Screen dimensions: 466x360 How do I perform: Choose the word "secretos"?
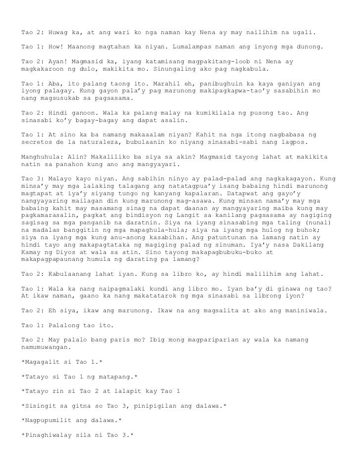pyautogui.click(x=37, y=142)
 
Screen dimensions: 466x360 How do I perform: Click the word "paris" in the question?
pyautogui.click(x=126, y=341)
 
